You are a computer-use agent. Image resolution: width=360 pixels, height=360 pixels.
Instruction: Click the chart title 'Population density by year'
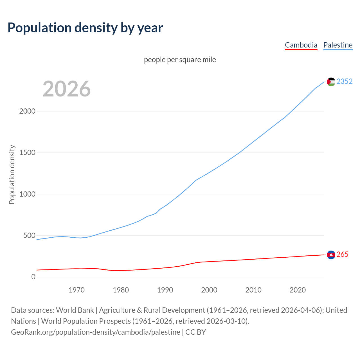coord(85,28)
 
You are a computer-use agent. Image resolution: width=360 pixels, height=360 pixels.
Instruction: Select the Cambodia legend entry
coord(301,45)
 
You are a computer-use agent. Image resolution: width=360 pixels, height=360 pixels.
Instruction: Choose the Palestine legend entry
coord(338,45)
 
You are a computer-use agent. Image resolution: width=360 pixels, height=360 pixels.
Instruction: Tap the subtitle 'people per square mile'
coord(180,60)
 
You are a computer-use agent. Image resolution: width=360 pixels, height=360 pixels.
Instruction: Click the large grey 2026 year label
coord(67,89)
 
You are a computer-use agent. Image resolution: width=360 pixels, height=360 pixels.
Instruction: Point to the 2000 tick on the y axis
coord(27,111)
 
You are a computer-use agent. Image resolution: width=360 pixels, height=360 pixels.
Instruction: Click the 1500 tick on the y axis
coord(27,153)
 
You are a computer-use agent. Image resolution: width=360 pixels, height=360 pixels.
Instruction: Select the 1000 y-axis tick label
coord(27,194)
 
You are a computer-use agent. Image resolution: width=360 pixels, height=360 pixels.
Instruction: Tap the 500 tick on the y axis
coord(29,235)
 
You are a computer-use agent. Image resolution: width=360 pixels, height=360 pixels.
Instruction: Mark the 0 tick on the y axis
coord(33,277)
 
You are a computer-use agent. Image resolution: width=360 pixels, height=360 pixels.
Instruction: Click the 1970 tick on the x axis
coord(76,290)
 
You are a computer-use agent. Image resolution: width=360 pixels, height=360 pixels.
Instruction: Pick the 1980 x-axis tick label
coord(121,290)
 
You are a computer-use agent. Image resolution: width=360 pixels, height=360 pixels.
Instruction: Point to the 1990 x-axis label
coord(165,290)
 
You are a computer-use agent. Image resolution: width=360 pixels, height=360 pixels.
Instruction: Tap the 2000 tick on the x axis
coord(209,290)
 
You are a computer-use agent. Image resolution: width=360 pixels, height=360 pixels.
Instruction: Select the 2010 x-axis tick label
coord(253,290)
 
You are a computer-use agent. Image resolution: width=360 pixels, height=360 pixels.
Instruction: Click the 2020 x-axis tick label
coord(298,290)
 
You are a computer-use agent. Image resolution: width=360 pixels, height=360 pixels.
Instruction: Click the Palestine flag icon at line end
coord(331,82)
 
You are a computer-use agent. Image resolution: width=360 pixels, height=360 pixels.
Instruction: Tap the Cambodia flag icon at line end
coord(331,255)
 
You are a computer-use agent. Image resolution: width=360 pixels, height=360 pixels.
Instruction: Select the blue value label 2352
coord(345,81)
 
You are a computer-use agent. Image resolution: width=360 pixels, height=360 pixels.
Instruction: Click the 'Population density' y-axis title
coord(12,174)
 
